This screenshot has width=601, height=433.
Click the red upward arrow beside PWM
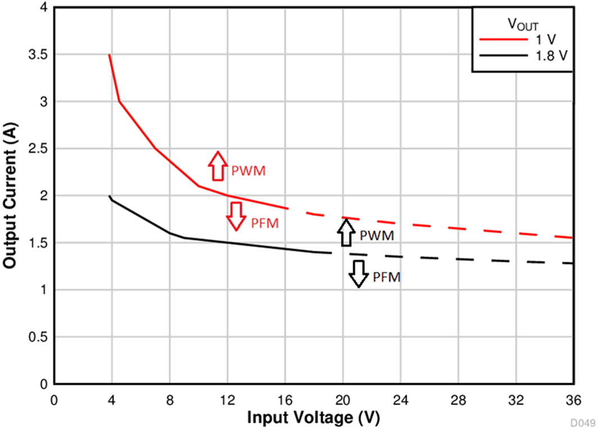click(x=217, y=166)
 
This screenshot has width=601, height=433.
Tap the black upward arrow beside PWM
click(x=347, y=233)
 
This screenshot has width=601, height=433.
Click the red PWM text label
click(x=248, y=170)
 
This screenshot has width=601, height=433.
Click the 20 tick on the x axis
click(x=343, y=400)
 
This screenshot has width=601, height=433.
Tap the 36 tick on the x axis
click(x=573, y=400)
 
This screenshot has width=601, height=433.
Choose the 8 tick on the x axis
click(x=169, y=400)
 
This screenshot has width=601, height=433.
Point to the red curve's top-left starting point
click(x=109, y=55)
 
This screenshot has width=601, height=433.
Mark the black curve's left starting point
click(x=110, y=196)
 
